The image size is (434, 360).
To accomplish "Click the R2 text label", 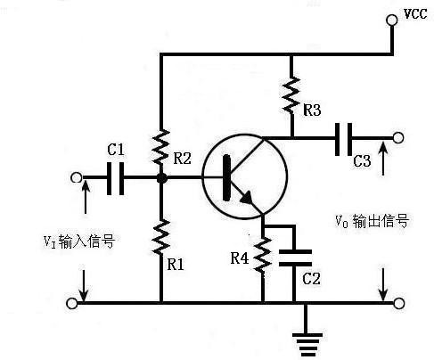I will [183, 159].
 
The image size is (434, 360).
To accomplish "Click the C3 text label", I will [362, 161].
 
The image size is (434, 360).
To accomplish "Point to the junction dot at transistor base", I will [161, 178].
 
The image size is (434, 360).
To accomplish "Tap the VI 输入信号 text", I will [80, 240].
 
